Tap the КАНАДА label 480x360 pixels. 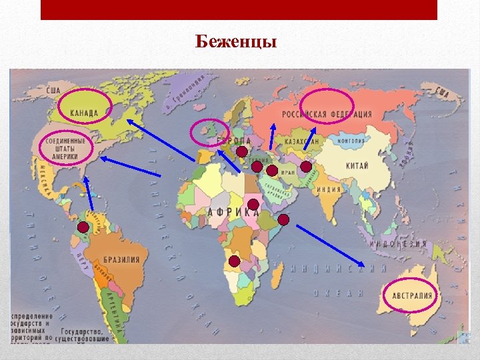tap(83, 113)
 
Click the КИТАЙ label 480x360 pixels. tap(357, 165)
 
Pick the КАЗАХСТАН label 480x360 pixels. tap(302, 141)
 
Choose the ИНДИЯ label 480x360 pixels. tap(329, 189)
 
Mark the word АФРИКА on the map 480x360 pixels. tap(233, 212)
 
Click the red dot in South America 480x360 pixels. tap(83, 227)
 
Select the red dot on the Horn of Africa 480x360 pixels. tap(283, 219)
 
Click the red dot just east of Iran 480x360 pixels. tap(305, 166)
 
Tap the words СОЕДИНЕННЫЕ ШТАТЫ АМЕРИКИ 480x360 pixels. tap(65, 149)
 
